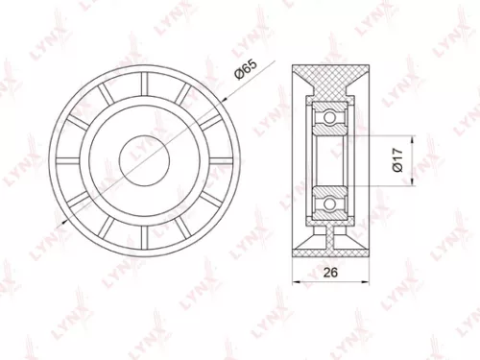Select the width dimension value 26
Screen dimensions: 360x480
click(x=330, y=273)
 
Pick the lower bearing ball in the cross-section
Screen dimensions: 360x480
click(x=328, y=204)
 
